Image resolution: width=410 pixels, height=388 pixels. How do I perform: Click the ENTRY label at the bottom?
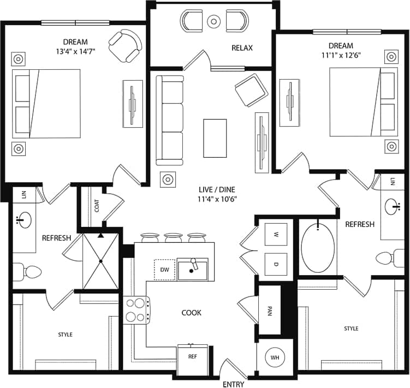(x=233, y=384)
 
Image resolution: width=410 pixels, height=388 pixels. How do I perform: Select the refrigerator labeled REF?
(x=192, y=358)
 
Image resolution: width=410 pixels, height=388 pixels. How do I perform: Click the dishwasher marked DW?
(x=165, y=270)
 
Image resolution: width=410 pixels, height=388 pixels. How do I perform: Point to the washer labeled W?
(x=276, y=235)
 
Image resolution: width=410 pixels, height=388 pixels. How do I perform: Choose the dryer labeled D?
(x=276, y=264)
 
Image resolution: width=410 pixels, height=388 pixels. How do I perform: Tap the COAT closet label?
(x=97, y=206)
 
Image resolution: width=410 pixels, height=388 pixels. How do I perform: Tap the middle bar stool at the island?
(x=172, y=238)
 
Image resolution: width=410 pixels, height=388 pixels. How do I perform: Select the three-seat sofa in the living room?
(x=170, y=120)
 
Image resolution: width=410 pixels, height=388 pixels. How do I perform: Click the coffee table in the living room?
(x=215, y=138)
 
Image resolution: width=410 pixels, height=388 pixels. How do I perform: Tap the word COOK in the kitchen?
(x=191, y=313)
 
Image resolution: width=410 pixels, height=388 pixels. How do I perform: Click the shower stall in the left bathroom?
(x=100, y=261)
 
